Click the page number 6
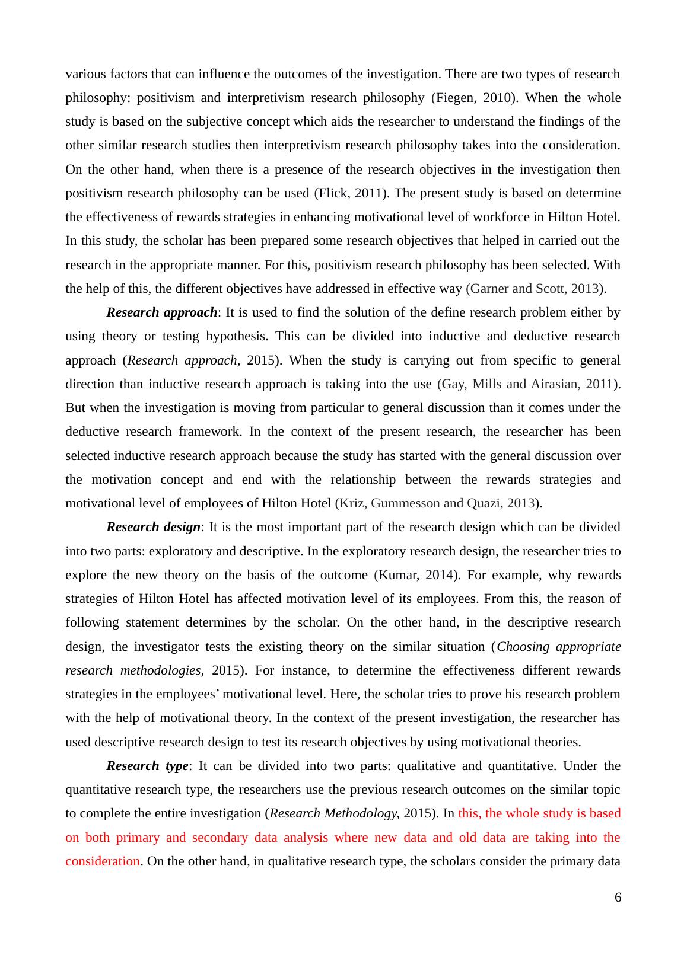pos(618,897)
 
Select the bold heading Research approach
pos(161,312)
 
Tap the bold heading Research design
pos(154,527)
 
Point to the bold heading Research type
pos(147,766)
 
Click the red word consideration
pos(103,861)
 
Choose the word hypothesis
pos(236,336)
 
